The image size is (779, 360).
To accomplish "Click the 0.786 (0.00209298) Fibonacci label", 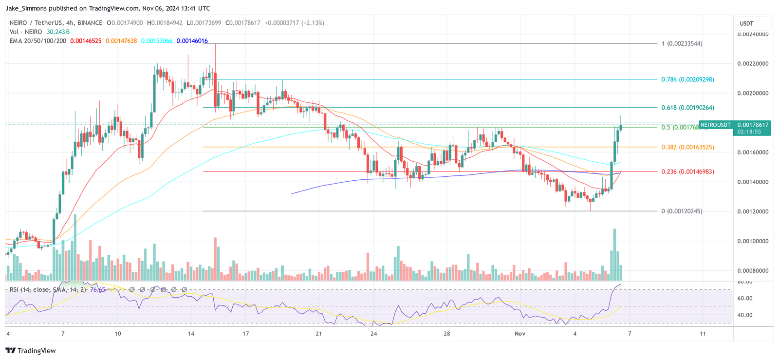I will pos(687,79).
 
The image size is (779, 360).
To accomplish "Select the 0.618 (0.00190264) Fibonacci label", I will pos(687,108).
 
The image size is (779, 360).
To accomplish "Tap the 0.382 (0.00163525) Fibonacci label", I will pos(687,147).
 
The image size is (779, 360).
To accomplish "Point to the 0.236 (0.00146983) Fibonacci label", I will pos(687,172).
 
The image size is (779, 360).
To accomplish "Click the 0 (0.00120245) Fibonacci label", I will pos(682,211).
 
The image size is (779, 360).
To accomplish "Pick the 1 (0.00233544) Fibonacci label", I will pos(682,44).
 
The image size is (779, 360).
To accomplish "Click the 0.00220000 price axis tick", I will pos(753,64).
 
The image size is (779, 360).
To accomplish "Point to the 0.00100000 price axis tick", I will pos(753,241).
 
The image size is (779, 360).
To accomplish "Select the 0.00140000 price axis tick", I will pos(753,182).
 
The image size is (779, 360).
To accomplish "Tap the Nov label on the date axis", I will pos(520,334).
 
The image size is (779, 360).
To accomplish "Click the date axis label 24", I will pos(373,334).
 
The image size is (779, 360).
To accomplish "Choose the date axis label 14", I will pos(191,334).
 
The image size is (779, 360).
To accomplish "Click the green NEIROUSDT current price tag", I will pos(734,128).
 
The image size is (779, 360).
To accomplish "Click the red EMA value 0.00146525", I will pos(86,41).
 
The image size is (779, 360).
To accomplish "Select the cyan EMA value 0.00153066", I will pos(156,41).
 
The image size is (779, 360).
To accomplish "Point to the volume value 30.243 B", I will pos(58,32).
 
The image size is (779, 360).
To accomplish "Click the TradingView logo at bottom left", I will pos(30,351).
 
